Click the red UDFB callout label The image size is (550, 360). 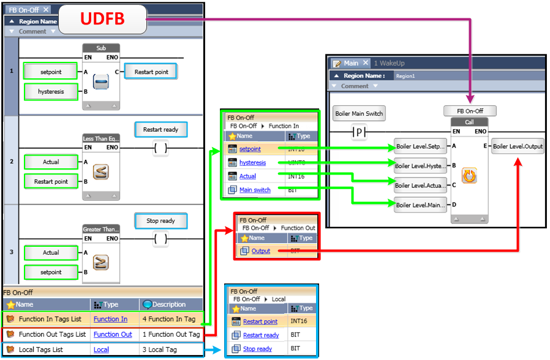[x=103, y=19]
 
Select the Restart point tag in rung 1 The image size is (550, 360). [x=151, y=72]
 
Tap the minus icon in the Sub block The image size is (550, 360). [x=101, y=81]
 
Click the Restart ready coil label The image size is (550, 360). [x=160, y=130]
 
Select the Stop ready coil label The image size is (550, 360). [x=160, y=221]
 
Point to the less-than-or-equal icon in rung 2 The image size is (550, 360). [x=101, y=172]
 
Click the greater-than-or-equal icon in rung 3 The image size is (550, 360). [x=101, y=263]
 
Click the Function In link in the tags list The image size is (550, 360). [x=110, y=319]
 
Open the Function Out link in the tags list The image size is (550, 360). [x=113, y=334]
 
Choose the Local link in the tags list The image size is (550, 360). [x=101, y=350]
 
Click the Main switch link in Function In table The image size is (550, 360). [x=255, y=190]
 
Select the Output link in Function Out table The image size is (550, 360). [x=261, y=251]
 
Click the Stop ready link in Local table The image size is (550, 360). [x=257, y=349]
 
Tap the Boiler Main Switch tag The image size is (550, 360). [x=359, y=113]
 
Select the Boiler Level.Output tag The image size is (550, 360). [x=518, y=146]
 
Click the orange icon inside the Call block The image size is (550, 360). [x=469, y=176]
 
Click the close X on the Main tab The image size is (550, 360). [x=366, y=63]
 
